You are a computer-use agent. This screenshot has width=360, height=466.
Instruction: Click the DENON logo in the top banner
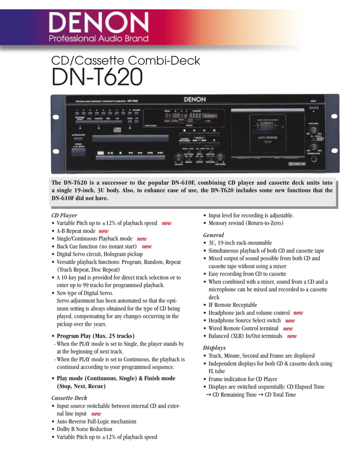pyautogui.click(x=99, y=23)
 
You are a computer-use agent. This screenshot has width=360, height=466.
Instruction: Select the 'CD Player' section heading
pyautogui.click(x=64, y=215)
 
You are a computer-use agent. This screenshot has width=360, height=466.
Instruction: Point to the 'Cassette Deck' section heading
pyautogui.click(x=69, y=398)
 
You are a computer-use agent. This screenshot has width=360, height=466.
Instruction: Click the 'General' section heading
pyautogui.click(x=213, y=235)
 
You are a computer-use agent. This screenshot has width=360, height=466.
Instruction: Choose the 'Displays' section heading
pyautogui.click(x=214, y=348)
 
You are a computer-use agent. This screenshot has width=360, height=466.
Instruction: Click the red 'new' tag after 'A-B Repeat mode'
pyautogui.click(x=103, y=231)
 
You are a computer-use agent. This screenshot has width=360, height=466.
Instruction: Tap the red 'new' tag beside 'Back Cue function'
pyautogui.click(x=147, y=246)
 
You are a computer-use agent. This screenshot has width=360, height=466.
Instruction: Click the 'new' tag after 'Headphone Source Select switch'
pyautogui.click(x=289, y=320)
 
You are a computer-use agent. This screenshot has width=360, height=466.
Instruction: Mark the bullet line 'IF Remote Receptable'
pyautogui.click(x=233, y=305)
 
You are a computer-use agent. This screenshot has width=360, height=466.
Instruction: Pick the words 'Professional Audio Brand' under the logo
pyautogui.click(x=99, y=39)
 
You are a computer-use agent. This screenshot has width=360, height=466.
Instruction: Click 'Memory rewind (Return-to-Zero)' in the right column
pyautogui.click(x=246, y=223)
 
